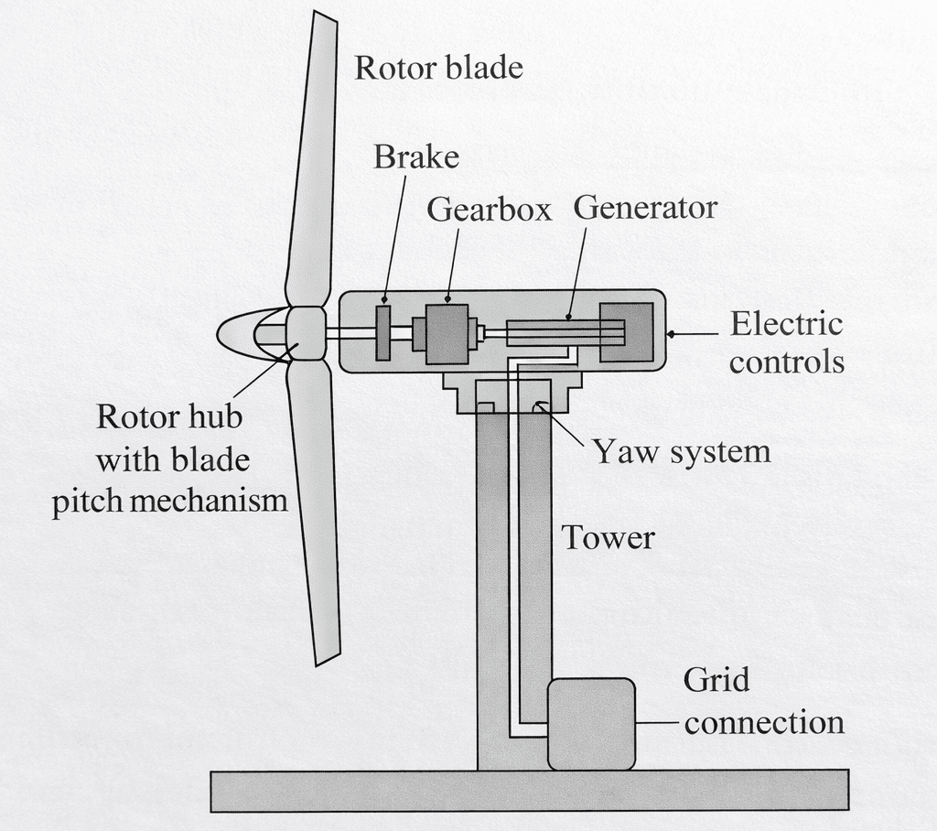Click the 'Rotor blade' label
point(438,68)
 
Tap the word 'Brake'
point(415,157)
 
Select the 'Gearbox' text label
point(490,210)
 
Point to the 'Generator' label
point(645,208)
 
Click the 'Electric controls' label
point(786,343)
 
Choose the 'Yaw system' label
point(681,451)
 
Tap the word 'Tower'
point(608,537)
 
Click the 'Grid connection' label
point(763,701)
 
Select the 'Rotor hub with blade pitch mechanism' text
point(169,459)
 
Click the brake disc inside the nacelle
point(383,332)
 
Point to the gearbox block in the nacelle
point(447,334)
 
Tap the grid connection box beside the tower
point(591,724)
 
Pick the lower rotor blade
point(317,513)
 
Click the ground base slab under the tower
point(529,789)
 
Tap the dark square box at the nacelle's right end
point(626,332)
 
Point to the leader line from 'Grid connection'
point(659,723)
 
